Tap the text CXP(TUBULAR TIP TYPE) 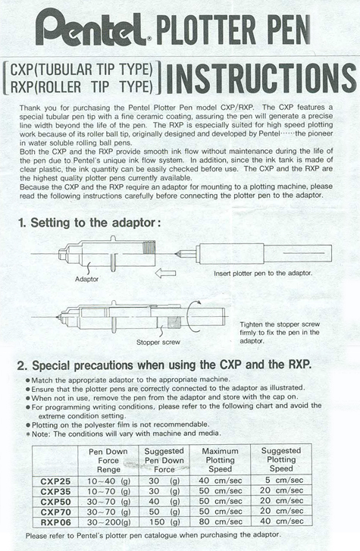pyautogui.click(x=81, y=70)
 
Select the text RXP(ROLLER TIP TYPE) pyautogui.click(x=81, y=86)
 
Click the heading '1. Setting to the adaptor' pyautogui.click(x=89, y=223)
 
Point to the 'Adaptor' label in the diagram pyautogui.click(x=86, y=279)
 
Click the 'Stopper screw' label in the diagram pyautogui.click(x=158, y=343)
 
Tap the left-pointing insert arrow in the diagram pyautogui.click(x=165, y=273)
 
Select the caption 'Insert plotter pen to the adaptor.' pyautogui.click(x=263, y=273)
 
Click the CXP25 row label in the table pyautogui.click(x=55, y=481)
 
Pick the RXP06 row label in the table pyautogui.click(x=55, y=522)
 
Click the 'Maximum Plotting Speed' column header pyautogui.click(x=220, y=460)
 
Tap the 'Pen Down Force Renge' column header pyautogui.click(x=108, y=460)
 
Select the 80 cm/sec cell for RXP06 pyautogui.click(x=221, y=521)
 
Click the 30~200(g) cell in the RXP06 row pyautogui.click(x=108, y=522)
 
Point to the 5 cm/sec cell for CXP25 pyautogui.click(x=284, y=480)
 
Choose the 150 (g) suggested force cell pyautogui.click(x=164, y=522)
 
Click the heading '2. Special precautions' pyautogui.click(x=164, y=365)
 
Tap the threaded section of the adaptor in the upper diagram pyautogui.click(x=149, y=247)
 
